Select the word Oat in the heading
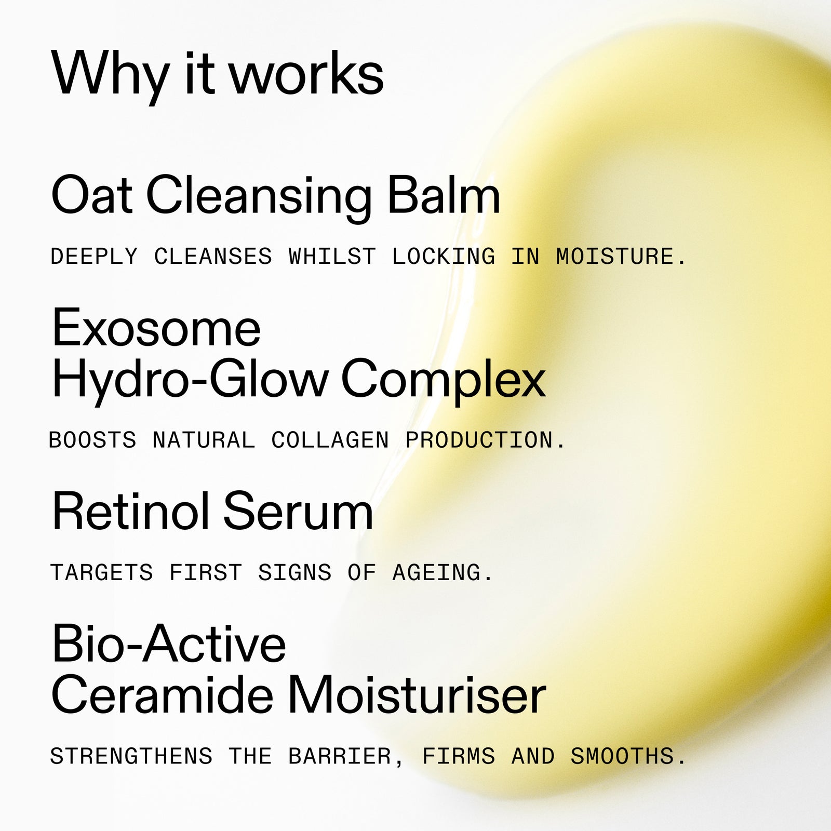click(x=91, y=196)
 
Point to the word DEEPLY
click(x=94, y=257)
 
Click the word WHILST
click(x=332, y=257)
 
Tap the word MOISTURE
click(x=621, y=257)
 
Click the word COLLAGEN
click(x=330, y=440)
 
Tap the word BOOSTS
click(x=92, y=440)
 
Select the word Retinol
click(x=130, y=512)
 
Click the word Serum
click(x=298, y=512)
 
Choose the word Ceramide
click(x=162, y=695)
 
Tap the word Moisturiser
click(x=417, y=695)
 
